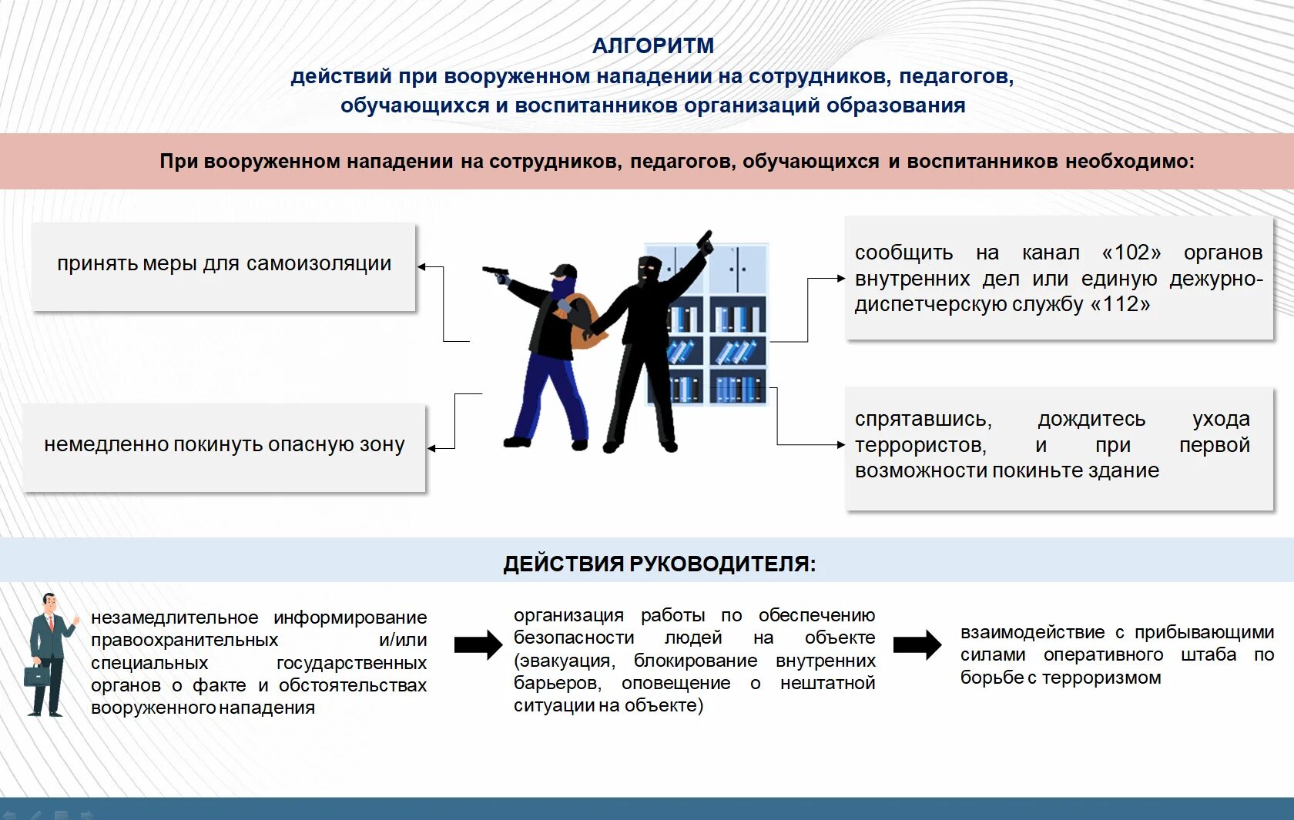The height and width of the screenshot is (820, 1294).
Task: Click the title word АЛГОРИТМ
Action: [653, 46]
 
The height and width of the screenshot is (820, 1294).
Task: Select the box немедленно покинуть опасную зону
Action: [223, 447]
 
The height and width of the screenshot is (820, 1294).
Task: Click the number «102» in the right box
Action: [1131, 253]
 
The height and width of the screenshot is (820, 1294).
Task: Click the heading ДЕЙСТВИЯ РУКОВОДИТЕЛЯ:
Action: [659, 564]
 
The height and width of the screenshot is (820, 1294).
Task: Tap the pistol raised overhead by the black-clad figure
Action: [704, 242]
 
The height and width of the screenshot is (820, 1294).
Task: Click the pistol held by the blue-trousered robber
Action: [495, 273]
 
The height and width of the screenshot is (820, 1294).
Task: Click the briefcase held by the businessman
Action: [36, 676]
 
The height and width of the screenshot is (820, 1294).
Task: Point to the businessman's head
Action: [50, 604]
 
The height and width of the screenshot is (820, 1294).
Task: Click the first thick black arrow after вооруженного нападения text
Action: [478, 645]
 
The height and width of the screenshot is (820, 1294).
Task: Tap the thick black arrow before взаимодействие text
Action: [917, 645]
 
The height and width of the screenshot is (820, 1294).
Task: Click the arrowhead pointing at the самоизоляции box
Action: [422, 267]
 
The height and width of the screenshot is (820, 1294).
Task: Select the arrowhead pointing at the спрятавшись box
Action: [840, 445]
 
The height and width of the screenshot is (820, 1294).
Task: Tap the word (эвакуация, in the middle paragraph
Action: [565, 661]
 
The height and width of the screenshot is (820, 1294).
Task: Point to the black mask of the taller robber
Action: [649, 269]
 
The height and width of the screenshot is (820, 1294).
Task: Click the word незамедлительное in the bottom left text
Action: [174, 618]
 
